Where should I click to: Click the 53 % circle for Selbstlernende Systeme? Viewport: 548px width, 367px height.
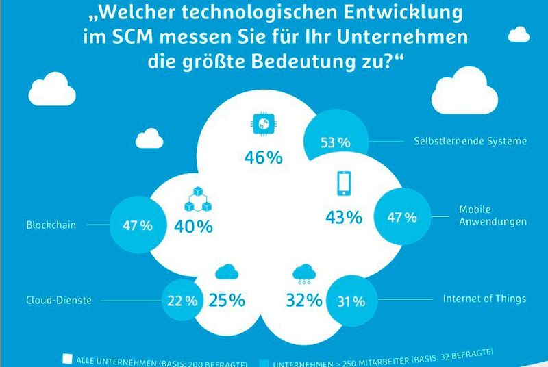coord(335,142)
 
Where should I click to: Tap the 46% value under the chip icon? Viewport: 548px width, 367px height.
coord(263,157)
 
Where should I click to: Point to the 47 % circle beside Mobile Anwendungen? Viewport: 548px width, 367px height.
coord(402,218)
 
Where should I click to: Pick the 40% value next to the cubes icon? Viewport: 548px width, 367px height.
coord(195,227)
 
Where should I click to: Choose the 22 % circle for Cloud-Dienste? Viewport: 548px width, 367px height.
coord(183,300)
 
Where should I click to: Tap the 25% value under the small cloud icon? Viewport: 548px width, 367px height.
coord(227,299)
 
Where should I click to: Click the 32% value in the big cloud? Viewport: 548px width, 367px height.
coord(303,299)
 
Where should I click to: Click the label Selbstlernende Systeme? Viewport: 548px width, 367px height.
coord(471,142)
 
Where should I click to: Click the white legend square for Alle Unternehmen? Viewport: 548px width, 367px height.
coord(67,357)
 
